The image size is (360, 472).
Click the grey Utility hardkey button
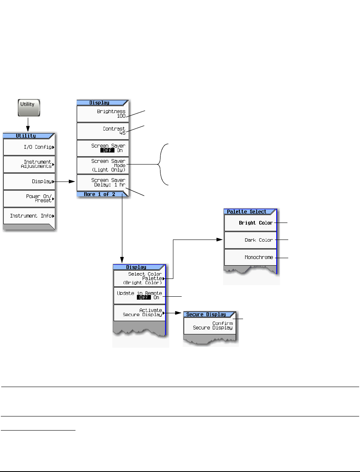coord(29,107)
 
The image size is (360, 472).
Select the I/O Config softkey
coord(29,147)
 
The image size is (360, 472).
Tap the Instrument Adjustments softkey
coord(29,164)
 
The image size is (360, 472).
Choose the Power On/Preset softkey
coord(29,198)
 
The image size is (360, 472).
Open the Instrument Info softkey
coord(29,216)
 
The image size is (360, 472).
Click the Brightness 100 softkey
coord(103,114)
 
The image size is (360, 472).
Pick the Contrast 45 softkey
coord(103,131)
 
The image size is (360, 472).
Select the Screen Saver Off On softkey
coord(103,148)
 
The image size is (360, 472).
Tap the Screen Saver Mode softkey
coord(103,165)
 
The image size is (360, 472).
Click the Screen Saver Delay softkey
coord(103,182)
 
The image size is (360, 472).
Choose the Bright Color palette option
coord(251,223)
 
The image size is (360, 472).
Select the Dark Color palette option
coord(251,240)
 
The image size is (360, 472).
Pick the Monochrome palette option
coord(251,257)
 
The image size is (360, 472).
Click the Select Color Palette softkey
coord(139,278)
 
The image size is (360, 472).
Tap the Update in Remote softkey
coord(139,295)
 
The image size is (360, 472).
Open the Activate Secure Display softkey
coord(139,313)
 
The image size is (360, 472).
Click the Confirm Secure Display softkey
coord(210,326)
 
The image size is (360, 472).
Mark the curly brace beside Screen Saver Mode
coord(163,165)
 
